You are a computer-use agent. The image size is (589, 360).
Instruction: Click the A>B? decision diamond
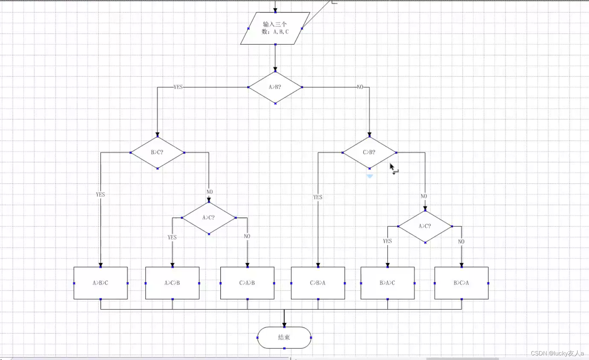click(x=275, y=87)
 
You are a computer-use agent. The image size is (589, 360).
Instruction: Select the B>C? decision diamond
click(x=157, y=152)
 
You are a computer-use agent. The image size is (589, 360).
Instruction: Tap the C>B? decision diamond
click(x=369, y=152)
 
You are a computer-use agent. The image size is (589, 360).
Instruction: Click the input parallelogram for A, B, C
click(x=275, y=28)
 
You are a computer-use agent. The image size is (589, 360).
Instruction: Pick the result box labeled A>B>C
click(x=100, y=283)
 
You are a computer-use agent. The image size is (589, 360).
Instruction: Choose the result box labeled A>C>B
click(x=172, y=283)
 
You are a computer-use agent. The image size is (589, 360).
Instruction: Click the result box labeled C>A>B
click(x=247, y=283)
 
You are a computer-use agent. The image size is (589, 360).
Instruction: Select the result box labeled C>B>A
click(x=318, y=283)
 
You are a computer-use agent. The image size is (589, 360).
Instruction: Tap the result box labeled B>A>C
click(x=387, y=283)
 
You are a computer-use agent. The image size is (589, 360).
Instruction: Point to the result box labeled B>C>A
click(x=461, y=283)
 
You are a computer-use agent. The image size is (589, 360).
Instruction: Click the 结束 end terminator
click(x=284, y=337)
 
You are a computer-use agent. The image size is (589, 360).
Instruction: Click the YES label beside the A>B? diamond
click(x=178, y=87)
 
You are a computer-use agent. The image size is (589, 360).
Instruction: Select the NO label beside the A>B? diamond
click(x=360, y=87)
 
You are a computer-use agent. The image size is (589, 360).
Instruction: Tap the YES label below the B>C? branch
click(x=100, y=194)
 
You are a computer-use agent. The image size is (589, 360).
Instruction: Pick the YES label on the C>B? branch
click(x=318, y=197)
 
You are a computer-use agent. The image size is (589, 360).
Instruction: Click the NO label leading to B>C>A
click(x=461, y=241)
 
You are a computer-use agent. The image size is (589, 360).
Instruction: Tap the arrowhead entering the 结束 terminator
click(x=284, y=324)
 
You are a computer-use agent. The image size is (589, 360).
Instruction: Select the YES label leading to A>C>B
click(x=172, y=237)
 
